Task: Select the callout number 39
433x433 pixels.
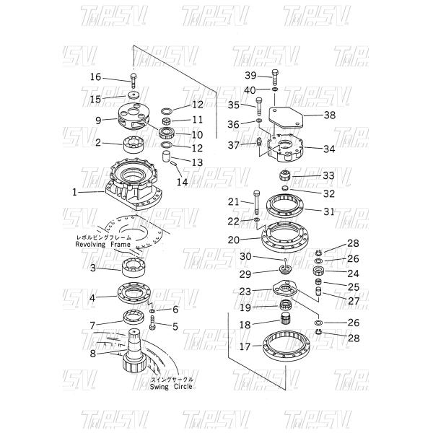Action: point(250,76)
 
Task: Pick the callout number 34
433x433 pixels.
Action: point(329,149)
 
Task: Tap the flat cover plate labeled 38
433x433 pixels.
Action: point(285,116)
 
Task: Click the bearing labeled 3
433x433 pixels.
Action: point(134,269)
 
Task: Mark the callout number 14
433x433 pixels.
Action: point(183,183)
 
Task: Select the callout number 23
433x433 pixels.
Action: point(246,291)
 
